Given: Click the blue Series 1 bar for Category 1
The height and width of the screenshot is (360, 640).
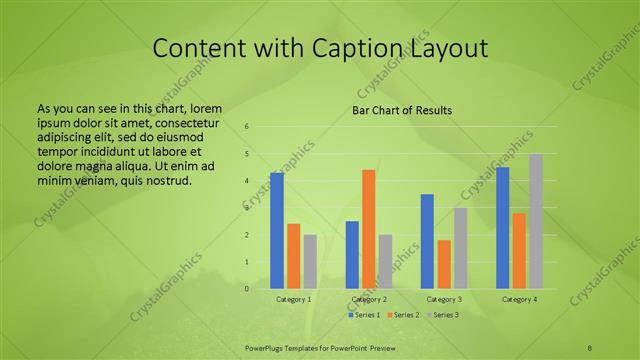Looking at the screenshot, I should (277, 231).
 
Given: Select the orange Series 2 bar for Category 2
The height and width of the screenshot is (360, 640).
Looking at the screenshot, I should (368, 229).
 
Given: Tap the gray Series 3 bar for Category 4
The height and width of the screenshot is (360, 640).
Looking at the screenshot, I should (536, 221).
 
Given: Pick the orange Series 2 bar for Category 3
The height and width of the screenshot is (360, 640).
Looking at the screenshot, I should (444, 264).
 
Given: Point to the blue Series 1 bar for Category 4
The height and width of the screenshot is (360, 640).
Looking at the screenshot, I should (503, 228).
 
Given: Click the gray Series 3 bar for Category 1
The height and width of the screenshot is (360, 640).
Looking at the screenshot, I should (310, 262).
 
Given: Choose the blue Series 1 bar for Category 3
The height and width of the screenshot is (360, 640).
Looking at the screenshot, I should (427, 241).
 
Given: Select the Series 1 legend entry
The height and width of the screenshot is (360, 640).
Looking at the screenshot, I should (364, 315).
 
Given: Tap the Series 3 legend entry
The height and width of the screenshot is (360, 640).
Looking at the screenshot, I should (444, 315).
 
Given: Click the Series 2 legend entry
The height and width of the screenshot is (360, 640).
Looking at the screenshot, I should (404, 315).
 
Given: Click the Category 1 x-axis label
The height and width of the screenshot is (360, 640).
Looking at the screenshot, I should (293, 299).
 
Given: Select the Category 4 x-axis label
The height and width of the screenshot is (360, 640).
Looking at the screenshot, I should (519, 299).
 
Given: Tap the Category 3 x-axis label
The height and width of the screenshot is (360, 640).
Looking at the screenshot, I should (444, 299).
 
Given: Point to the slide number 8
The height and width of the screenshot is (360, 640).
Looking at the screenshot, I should (590, 346).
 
